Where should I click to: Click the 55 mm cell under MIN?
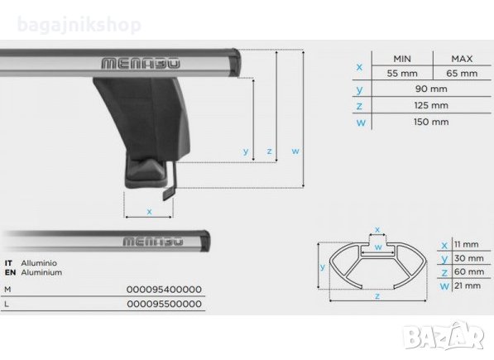click(402, 74)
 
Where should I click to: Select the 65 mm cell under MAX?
click(462, 74)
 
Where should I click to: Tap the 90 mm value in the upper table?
click(431, 89)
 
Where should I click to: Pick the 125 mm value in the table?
click(431, 105)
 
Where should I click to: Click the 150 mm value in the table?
click(431, 122)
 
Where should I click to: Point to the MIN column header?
click(402, 59)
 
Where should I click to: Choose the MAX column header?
click(462, 59)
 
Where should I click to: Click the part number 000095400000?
click(164, 289)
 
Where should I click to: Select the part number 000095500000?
click(164, 304)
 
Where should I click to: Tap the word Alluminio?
click(39, 263)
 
